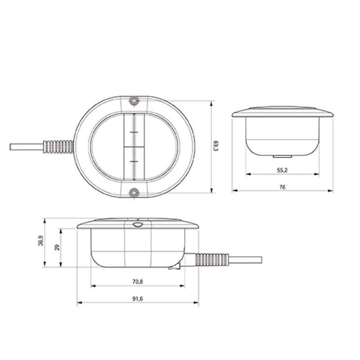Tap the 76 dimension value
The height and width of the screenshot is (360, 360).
tap(282, 187)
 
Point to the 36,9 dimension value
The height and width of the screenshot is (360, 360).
tap(40, 242)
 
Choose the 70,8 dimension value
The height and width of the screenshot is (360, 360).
tap(138, 282)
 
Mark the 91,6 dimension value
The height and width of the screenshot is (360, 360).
tap(138, 299)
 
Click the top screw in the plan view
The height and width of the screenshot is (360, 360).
tap(133, 100)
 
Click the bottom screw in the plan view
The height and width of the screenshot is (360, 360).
tap(133, 193)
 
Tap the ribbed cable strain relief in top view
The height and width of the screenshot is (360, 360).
tap(58, 146)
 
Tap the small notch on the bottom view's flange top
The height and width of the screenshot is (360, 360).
tap(138, 224)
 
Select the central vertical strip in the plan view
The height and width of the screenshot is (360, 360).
tap(133, 147)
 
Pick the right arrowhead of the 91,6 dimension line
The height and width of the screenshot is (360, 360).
tap(196, 303)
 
